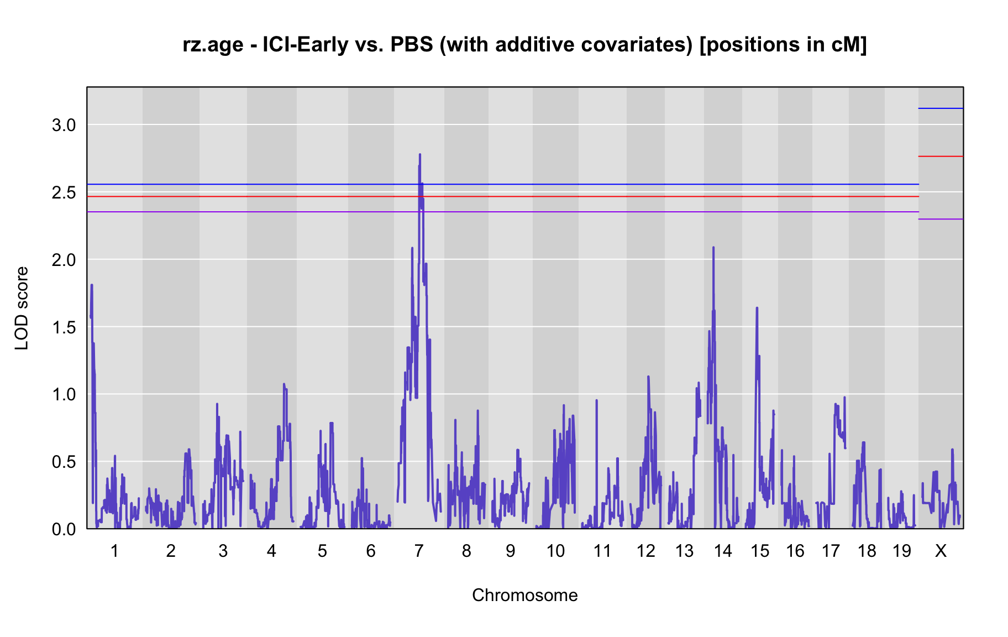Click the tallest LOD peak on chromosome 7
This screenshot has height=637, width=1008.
420,155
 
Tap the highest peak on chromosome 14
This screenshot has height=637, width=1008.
713,248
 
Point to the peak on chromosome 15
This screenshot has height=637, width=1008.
757,308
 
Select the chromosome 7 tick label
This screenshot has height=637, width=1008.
419,551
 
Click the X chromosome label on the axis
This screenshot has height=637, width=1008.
941,551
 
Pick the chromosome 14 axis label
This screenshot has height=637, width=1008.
723,551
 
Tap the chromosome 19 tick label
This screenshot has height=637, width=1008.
902,551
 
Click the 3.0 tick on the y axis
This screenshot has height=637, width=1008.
64,125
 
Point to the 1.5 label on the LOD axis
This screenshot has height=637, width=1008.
64,327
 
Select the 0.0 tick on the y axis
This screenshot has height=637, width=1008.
64,529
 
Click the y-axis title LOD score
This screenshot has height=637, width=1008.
22,308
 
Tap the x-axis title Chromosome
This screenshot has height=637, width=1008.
525,595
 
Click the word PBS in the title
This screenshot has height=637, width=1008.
412,44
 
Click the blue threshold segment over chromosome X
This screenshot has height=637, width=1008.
941,108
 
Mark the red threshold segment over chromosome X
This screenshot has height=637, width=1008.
941,156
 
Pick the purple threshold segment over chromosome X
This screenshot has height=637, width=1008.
941,220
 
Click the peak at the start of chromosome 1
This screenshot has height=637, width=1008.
92,285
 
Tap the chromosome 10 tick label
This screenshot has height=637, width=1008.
555,551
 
